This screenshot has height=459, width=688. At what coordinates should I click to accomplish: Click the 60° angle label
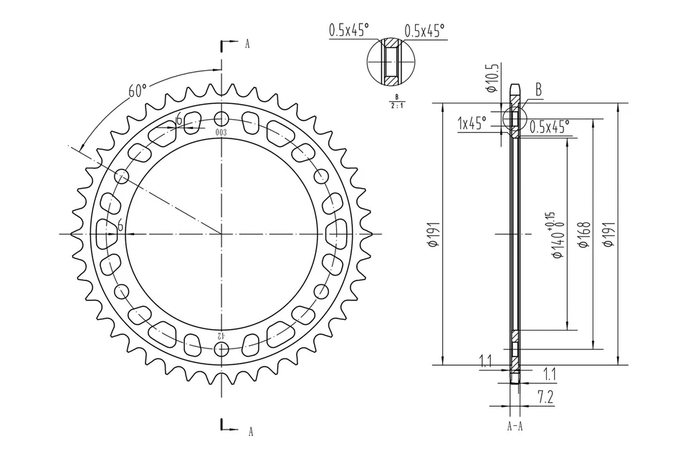(x=138, y=91)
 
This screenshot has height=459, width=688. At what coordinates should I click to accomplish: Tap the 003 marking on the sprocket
(x=221, y=133)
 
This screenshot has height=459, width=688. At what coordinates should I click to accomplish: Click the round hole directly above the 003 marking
(x=222, y=118)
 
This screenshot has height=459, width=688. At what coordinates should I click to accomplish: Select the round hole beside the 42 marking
(x=222, y=349)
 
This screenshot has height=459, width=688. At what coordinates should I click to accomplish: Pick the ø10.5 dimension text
(x=492, y=79)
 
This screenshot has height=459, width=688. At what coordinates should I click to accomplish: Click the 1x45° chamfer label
(x=472, y=124)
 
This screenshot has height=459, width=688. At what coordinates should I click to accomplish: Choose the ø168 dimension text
(x=583, y=235)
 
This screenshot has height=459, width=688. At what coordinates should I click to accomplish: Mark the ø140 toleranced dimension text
(x=555, y=235)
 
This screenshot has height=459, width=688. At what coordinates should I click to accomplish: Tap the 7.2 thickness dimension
(x=547, y=395)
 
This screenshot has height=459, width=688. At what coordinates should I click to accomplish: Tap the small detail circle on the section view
(x=514, y=118)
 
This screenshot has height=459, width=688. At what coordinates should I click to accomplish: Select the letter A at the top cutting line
(x=247, y=44)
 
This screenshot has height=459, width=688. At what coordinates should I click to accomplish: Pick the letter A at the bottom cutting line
(x=250, y=431)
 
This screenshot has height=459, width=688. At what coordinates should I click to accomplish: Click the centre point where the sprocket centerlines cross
(x=222, y=234)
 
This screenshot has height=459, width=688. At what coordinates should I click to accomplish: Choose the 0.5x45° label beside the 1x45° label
(x=550, y=126)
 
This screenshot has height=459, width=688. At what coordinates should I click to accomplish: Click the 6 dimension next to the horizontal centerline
(x=120, y=227)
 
